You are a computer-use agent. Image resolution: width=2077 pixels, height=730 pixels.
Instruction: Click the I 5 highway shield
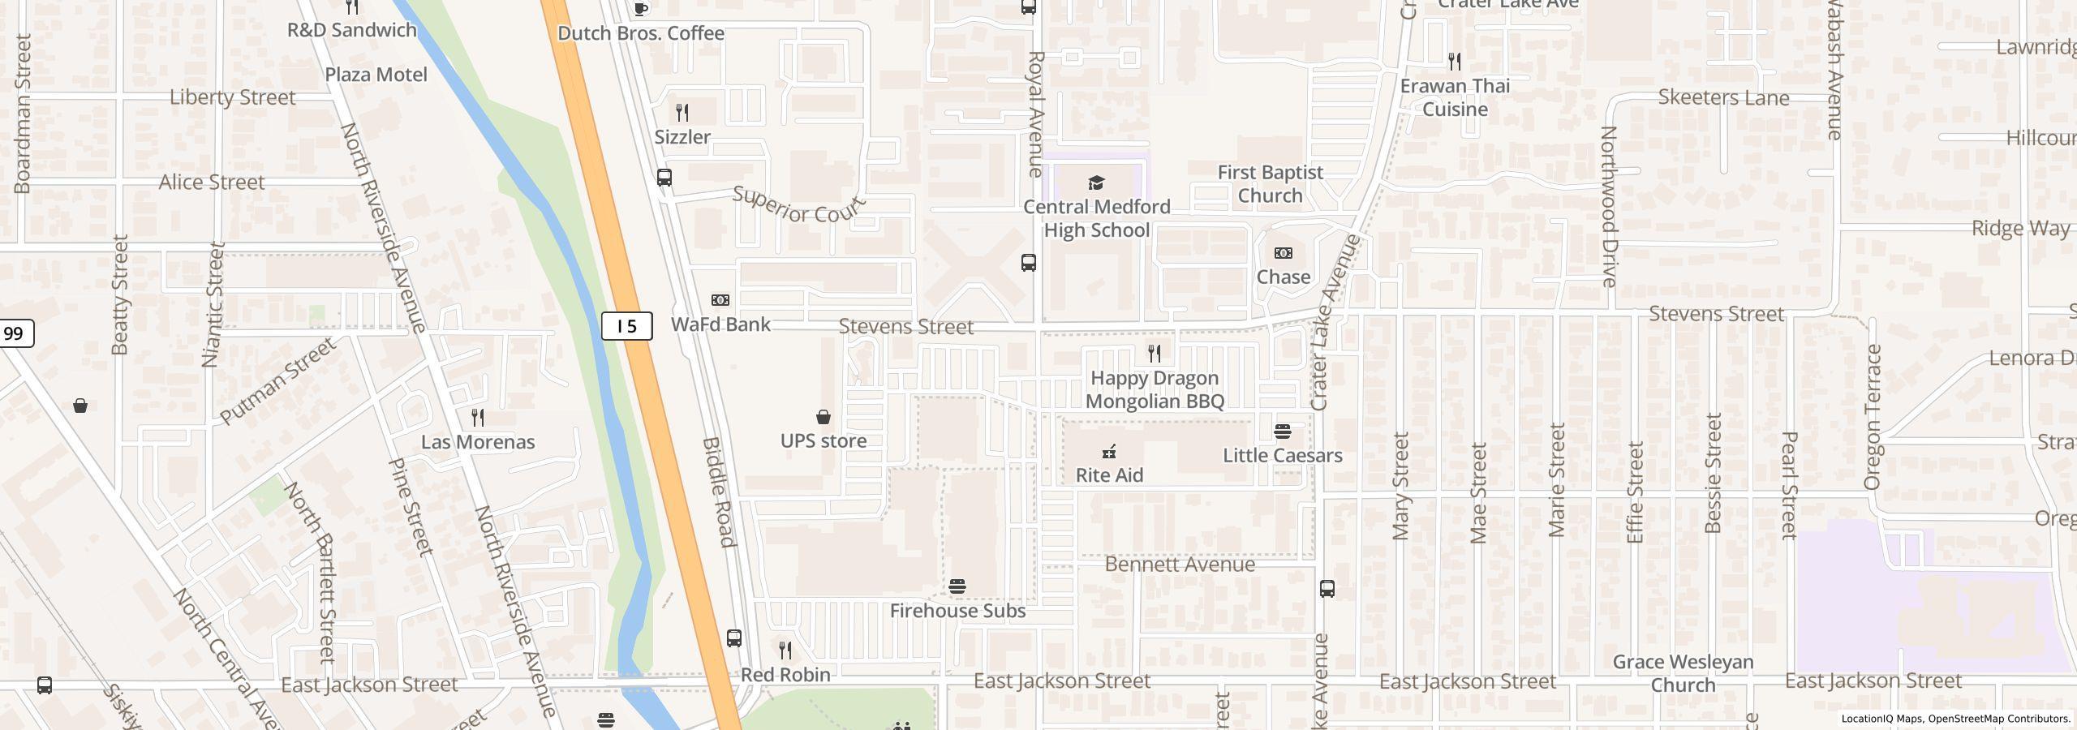tap(626, 326)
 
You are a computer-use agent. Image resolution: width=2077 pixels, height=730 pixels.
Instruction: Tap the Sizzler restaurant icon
tap(682, 113)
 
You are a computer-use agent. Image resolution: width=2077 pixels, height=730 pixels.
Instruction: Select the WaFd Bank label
tap(720, 324)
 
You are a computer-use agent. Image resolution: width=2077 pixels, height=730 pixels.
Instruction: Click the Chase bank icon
tap(1283, 254)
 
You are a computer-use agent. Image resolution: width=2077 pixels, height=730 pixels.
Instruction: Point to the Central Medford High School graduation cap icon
tap(1096, 182)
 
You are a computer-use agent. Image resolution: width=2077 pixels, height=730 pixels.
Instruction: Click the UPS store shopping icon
tap(823, 417)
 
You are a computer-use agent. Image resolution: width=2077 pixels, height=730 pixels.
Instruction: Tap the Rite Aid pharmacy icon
tap(1109, 452)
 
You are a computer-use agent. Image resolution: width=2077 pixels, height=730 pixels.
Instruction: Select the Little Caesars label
tap(1282, 455)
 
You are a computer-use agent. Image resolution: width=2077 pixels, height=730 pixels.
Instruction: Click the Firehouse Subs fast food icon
tap(957, 586)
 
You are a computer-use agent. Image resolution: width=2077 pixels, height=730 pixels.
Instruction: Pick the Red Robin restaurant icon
tap(785, 651)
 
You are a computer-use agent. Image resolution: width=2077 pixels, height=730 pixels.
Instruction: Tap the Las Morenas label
tap(477, 442)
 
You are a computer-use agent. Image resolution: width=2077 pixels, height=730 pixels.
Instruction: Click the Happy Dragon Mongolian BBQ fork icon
tap(1154, 354)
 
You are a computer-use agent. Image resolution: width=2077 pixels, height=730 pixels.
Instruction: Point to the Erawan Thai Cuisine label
tap(1455, 97)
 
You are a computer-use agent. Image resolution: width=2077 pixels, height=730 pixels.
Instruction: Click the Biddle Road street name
tap(718, 492)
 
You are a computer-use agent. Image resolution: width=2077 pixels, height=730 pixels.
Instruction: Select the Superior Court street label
tap(798, 204)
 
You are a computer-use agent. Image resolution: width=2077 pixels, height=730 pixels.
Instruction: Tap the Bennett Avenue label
tap(1180, 565)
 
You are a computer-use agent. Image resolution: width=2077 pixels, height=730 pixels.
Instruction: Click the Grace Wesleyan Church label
tap(1683, 673)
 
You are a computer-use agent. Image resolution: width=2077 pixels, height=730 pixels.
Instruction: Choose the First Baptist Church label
tap(1270, 184)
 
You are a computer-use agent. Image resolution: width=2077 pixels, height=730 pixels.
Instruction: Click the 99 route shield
tap(14, 333)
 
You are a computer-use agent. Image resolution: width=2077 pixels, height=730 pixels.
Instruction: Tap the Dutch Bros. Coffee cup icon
tap(641, 9)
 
